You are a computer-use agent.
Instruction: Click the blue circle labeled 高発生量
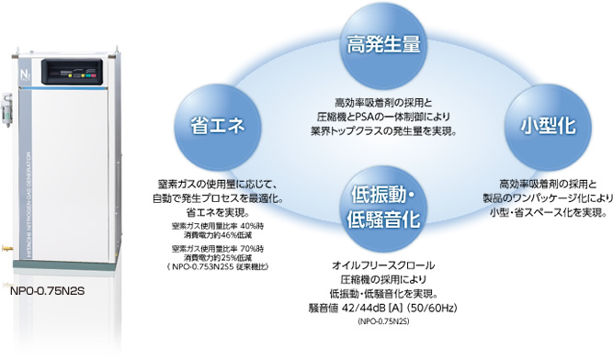tap(383, 43)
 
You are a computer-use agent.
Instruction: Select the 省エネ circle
tap(216, 127)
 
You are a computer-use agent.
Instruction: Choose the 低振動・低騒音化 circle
tap(383, 207)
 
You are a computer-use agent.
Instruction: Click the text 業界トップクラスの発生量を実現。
tap(384, 129)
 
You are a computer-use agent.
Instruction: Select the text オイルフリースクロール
tap(383, 265)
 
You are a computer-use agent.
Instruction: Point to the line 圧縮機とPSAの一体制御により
tap(384, 116)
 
